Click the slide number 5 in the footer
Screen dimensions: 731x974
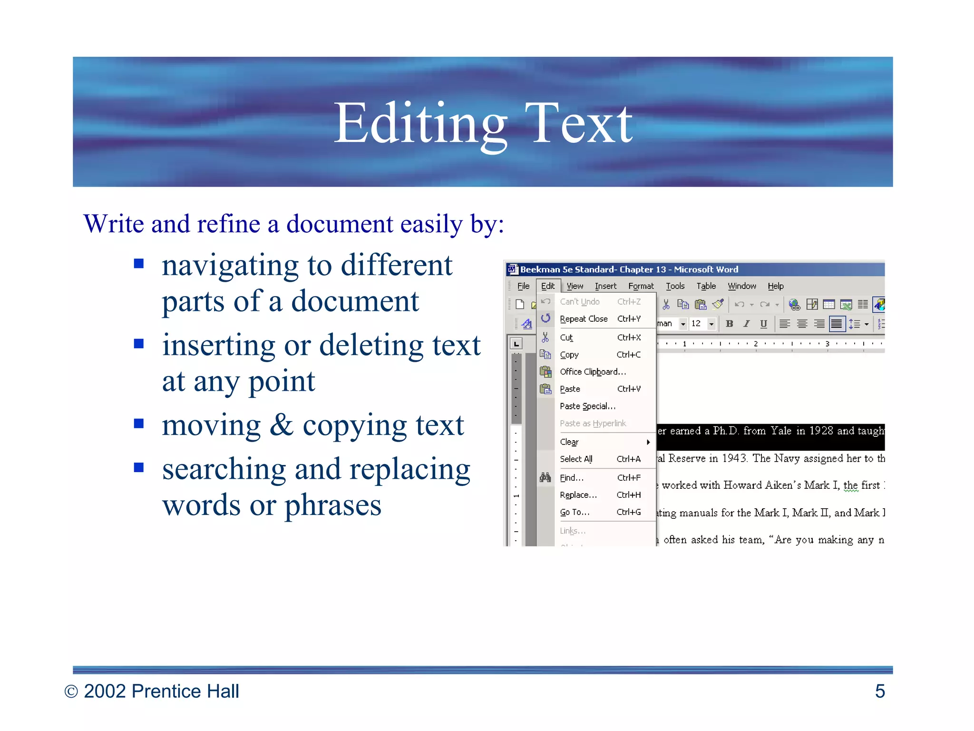tap(880, 691)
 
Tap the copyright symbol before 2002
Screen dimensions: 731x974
tap(71, 691)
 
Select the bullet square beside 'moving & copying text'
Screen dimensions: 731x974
tap(139, 424)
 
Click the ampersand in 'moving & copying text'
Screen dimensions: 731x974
tap(282, 425)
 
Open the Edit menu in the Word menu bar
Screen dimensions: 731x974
tap(548, 286)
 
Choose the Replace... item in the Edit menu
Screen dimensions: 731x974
tap(578, 495)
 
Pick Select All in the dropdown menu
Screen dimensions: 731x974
tap(576, 459)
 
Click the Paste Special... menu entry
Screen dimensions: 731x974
tap(587, 406)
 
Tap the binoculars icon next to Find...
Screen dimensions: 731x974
tap(545, 477)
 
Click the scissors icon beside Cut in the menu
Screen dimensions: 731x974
tap(545, 337)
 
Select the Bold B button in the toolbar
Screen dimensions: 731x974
tap(729, 324)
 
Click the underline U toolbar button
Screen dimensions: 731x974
tap(763, 324)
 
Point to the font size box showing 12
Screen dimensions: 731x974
tap(696, 324)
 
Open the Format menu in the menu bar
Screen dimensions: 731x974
tap(641, 286)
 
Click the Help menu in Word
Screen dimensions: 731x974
tap(775, 286)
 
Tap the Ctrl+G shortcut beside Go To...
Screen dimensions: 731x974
tap(629, 512)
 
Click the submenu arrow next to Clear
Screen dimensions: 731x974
tap(648, 442)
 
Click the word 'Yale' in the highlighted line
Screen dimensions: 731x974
tap(781, 431)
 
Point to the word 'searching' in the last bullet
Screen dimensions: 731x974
tap(224, 469)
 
